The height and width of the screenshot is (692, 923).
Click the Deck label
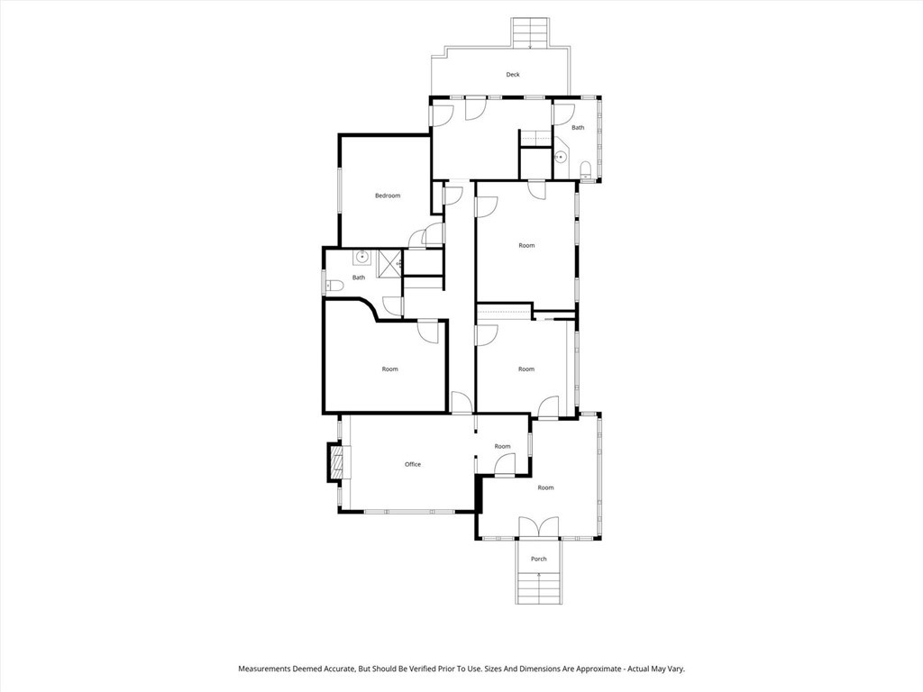point(512,75)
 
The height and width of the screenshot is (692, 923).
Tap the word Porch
point(538,559)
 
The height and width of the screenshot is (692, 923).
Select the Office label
point(412,464)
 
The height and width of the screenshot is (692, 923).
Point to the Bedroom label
point(388,196)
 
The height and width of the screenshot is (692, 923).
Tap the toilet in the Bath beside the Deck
point(586,168)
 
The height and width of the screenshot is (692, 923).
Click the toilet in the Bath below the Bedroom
point(334,286)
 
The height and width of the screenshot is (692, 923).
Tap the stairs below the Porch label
point(538,587)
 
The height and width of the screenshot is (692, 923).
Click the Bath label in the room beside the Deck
point(577,128)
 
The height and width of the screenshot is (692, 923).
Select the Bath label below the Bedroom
point(359,278)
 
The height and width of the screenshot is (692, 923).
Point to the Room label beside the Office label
point(502,446)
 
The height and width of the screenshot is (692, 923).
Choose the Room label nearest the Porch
point(545,487)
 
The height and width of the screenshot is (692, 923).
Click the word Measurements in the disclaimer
point(267,669)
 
